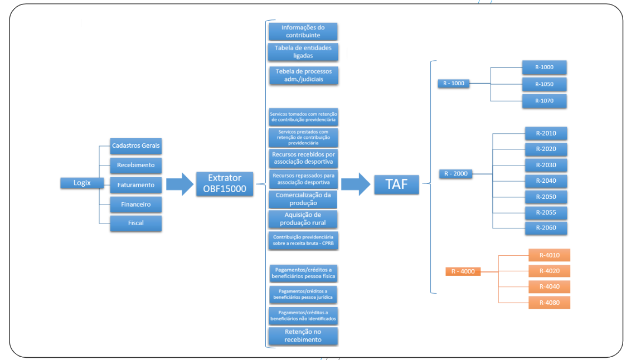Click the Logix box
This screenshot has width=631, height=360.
point(82,183)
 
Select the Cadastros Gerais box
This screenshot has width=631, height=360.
point(136,146)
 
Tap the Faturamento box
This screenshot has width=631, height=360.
point(136,184)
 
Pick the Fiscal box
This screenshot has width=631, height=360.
point(136,223)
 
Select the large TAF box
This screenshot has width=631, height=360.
point(396,184)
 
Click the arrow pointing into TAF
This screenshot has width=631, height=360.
point(356,184)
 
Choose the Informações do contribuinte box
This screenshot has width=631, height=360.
point(303,31)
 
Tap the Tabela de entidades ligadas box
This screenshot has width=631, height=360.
point(303,52)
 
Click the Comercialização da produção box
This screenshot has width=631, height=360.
point(303,199)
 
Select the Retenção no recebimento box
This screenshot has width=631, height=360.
point(303,335)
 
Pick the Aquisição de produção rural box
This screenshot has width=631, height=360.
point(303,219)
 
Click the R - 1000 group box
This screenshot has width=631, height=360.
point(453,84)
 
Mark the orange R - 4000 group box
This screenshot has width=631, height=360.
point(463,271)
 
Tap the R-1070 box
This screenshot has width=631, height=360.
point(544,101)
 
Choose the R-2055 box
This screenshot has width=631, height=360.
point(546,212)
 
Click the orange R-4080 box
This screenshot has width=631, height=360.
point(549,303)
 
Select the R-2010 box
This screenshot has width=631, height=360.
point(546,133)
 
